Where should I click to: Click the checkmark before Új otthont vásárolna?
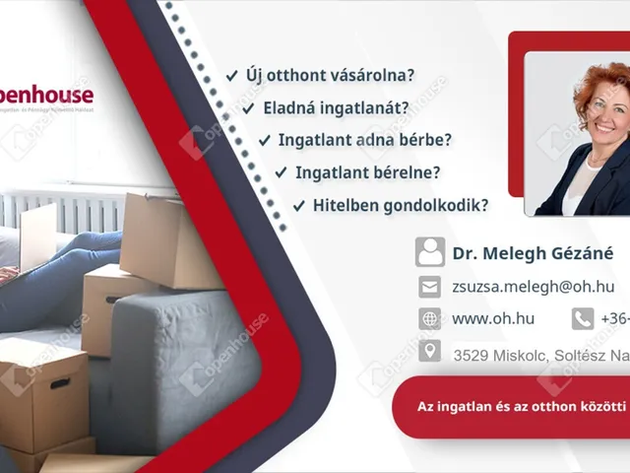(x=231, y=75)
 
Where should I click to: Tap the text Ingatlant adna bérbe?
(x=365, y=140)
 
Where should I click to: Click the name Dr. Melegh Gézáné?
(x=533, y=253)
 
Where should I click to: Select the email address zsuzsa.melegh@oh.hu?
(x=533, y=287)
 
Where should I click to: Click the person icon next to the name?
(x=429, y=252)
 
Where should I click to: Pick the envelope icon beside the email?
(x=429, y=287)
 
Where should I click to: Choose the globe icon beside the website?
(x=429, y=318)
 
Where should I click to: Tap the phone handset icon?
(x=583, y=318)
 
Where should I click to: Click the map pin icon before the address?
(x=429, y=351)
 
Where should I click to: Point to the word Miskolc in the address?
(x=517, y=353)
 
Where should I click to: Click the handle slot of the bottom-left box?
(x=59, y=383)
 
